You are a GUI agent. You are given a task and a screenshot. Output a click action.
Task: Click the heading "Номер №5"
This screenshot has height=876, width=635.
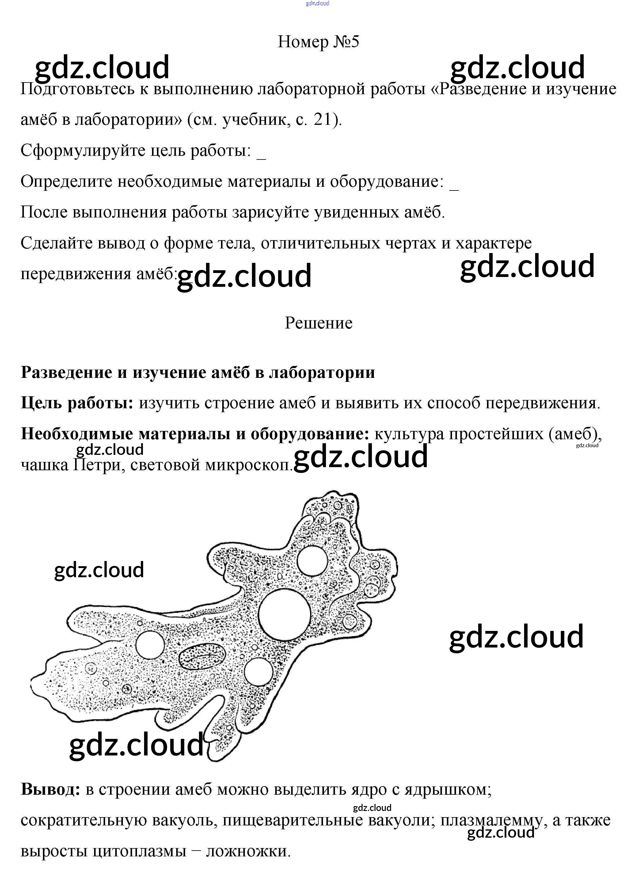click(318, 42)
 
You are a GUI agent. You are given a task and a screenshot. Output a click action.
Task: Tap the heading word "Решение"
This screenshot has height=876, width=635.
click(318, 323)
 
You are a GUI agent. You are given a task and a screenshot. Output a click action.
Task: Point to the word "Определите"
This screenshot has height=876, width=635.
click(66, 182)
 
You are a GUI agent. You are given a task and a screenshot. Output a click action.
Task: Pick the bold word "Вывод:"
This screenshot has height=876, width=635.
click(51, 789)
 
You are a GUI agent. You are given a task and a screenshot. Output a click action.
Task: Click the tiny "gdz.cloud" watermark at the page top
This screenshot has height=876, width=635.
click(317, 3)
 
